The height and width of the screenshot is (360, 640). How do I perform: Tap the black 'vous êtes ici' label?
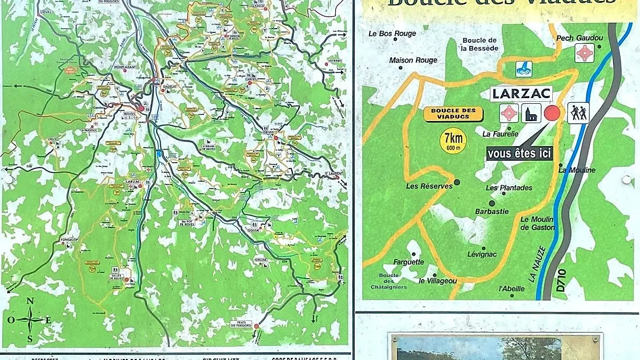(x=519, y=153)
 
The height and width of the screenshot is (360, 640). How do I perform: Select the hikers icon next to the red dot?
(x=578, y=113)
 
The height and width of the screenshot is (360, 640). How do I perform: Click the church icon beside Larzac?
(x=530, y=113)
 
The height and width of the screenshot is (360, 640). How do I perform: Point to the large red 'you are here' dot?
(x=552, y=113)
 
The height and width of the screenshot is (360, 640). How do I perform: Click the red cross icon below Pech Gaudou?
(x=584, y=53)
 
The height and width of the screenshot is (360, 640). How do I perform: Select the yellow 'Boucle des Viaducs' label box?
(x=453, y=114)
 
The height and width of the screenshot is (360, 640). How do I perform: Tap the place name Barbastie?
(x=492, y=211)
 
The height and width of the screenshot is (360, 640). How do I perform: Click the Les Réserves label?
(x=429, y=186)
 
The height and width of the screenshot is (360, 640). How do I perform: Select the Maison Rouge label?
(x=413, y=61)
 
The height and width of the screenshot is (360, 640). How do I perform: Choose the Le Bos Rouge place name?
(x=392, y=33)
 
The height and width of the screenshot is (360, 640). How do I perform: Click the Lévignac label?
(x=482, y=254)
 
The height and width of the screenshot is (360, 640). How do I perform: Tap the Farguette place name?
(x=409, y=262)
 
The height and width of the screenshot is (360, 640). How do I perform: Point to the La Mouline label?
(x=577, y=170)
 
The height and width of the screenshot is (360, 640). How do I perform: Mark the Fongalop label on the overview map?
(x=68, y=240)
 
